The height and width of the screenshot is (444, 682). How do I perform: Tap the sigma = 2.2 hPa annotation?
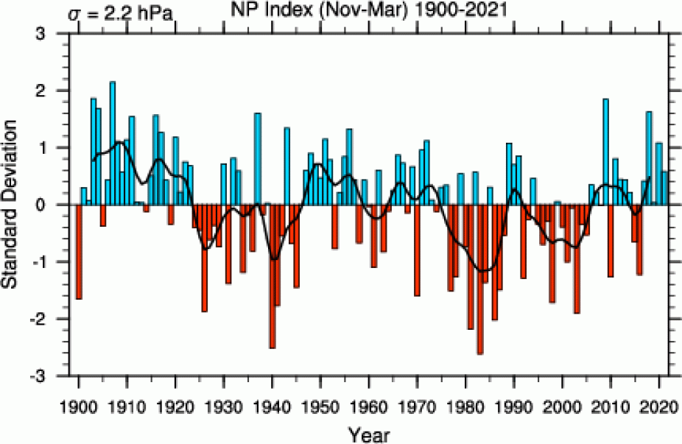tap(121, 13)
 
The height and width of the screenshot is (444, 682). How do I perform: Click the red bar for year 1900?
tap(79, 251)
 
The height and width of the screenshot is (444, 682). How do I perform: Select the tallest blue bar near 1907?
tap(113, 140)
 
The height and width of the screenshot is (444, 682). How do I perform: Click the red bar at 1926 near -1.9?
tap(205, 258)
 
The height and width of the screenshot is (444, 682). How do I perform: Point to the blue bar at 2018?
tap(649, 158)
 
